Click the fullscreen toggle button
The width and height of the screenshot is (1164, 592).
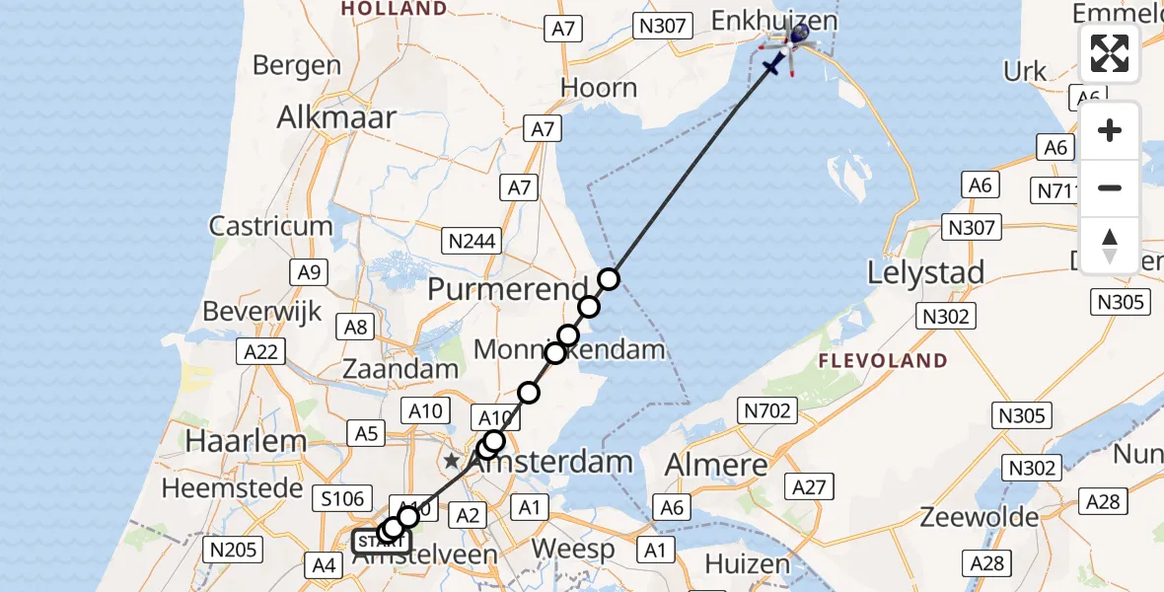pyautogui.click(x=1110, y=53)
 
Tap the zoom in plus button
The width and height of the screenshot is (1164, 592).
pyautogui.click(x=1110, y=131)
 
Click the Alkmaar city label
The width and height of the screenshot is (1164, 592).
pyautogui.click(x=336, y=117)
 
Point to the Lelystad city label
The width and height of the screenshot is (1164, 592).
pyautogui.click(x=925, y=272)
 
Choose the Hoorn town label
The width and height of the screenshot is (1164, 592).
pyautogui.click(x=599, y=88)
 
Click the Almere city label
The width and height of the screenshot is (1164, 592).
pyautogui.click(x=716, y=464)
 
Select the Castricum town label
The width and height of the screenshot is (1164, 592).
pyautogui.click(x=270, y=226)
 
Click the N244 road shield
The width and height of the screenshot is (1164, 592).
pyautogui.click(x=473, y=240)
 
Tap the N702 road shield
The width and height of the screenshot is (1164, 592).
pyautogui.click(x=766, y=410)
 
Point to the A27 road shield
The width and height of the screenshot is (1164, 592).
pyautogui.click(x=811, y=485)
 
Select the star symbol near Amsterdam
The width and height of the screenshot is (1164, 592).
pyautogui.click(x=452, y=461)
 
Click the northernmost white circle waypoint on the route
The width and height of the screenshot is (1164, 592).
pyautogui.click(x=609, y=279)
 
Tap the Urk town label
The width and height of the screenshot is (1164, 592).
pyautogui.click(x=1024, y=71)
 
